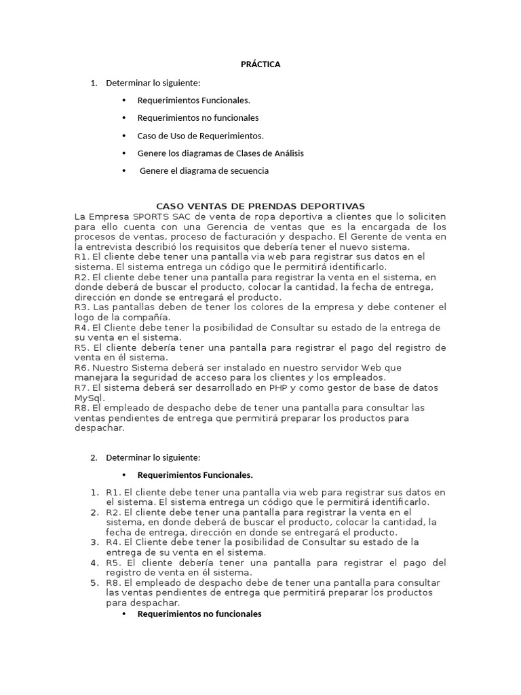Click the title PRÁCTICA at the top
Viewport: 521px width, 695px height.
tap(260, 64)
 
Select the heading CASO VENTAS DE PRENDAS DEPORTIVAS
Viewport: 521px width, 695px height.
tap(260, 206)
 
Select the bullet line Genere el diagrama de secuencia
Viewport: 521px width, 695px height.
tap(204, 171)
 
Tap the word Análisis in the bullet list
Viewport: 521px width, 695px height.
tap(286, 153)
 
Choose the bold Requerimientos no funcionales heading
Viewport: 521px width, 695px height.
tap(199, 614)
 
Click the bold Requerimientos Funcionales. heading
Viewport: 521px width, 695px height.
tap(195, 474)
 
